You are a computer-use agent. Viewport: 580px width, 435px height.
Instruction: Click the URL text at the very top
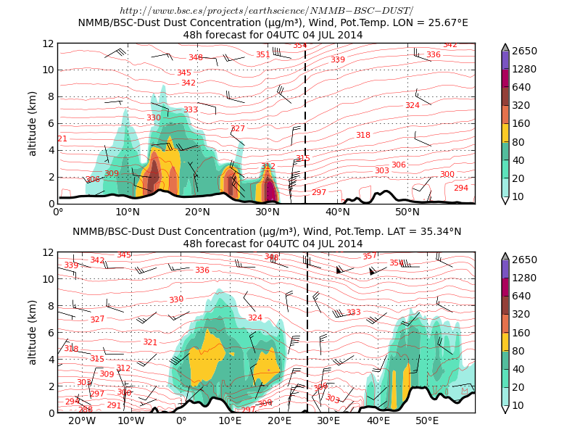(x=266, y=10)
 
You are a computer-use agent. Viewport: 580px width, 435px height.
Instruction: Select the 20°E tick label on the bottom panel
(x=279, y=421)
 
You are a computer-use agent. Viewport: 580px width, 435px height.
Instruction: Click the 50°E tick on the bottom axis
(x=426, y=421)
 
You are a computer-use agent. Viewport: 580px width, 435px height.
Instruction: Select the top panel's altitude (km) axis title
(x=33, y=123)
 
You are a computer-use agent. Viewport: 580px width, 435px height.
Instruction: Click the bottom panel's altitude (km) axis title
(x=33, y=333)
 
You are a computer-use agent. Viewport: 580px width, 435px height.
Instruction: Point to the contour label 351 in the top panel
(x=262, y=55)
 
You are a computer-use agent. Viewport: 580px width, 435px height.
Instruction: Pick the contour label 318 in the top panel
(x=362, y=136)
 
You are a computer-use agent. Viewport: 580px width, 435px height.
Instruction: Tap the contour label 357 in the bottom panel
(x=369, y=257)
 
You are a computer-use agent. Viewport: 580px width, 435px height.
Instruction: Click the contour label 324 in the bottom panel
(x=254, y=318)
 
